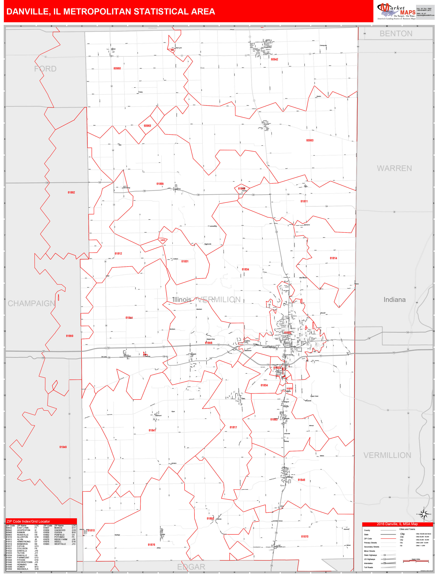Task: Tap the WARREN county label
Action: pyautogui.click(x=394, y=168)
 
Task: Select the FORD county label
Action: pyautogui.click(x=45, y=69)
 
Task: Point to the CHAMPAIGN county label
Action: pyautogui.click(x=31, y=303)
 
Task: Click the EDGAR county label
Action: pyautogui.click(x=191, y=567)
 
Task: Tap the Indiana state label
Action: pyautogui.click(x=395, y=300)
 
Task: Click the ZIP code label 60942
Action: pyautogui.click(x=274, y=59)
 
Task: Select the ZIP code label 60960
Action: pyautogui.click(x=117, y=68)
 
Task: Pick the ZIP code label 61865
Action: pyautogui.click(x=160, y=184)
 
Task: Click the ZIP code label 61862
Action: pyautogui.click(x=71, y=192)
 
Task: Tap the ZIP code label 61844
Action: pyautogui.click(x=129, y=318)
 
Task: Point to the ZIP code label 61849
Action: pyautogui.click(x=63, y=447)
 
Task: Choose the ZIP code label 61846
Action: pyautogui.click(x=301, y=480)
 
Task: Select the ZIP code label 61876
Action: pyautogui.click(x=151, y=545)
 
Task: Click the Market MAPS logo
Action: pyautogui.click(x=396, y=11)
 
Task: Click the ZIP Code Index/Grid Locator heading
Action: pyautogui.click(x=28, y=521)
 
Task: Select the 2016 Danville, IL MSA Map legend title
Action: pyautogui.click(x=397, y=524)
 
